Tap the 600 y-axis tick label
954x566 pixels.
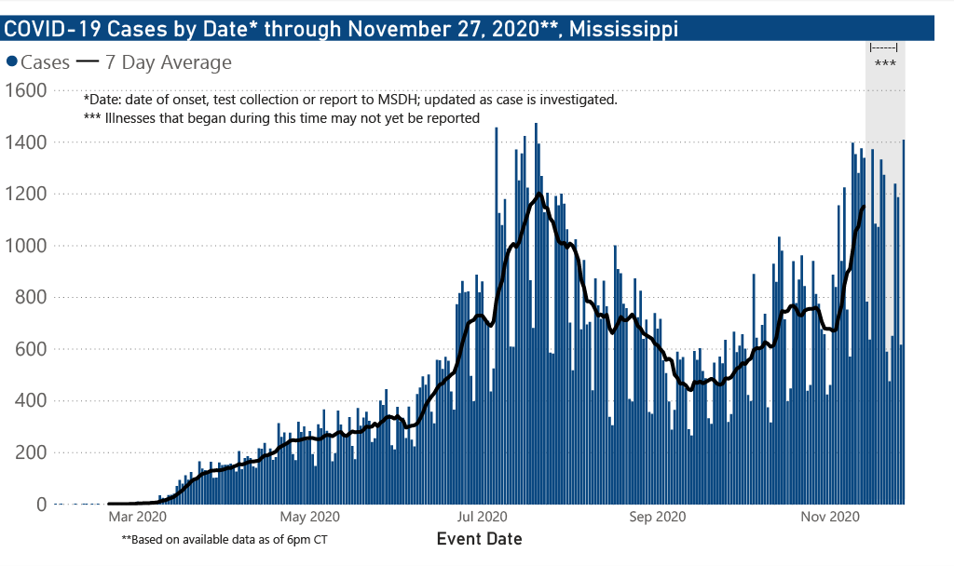pos(32,349)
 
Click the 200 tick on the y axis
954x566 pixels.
pos(32,452)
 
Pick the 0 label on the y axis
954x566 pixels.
pos(42,505)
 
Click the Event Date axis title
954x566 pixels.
pos(479,539)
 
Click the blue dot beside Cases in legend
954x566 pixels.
pos(12,63)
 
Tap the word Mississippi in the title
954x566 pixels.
pos(623,29)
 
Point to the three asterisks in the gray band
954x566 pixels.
pos(884,64)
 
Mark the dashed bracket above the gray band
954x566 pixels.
pos(883,47)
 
